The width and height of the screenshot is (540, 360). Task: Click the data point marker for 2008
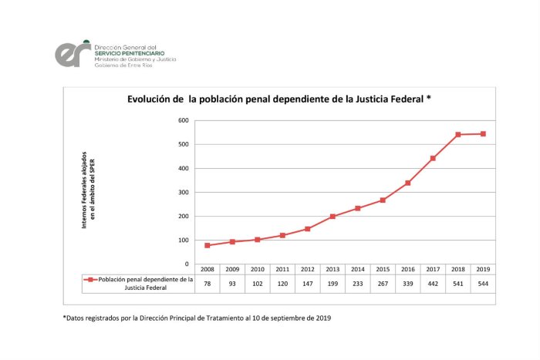208,245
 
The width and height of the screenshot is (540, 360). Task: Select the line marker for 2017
433,158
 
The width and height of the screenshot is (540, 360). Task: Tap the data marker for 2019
483,134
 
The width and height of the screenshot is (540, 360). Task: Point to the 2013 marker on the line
332,217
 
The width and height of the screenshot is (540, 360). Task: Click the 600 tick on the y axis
184,120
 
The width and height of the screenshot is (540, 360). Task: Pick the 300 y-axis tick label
184,193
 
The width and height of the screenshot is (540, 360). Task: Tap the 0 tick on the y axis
187,264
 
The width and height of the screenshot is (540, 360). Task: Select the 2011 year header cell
282,269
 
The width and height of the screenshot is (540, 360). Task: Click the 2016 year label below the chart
408,269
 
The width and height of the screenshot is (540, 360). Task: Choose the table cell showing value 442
433,284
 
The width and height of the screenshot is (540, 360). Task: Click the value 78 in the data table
208,284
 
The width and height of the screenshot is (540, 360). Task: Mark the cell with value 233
358,284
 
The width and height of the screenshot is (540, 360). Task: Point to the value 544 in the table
483,284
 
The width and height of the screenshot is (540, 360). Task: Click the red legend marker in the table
90,280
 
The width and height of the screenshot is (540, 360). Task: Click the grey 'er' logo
73,54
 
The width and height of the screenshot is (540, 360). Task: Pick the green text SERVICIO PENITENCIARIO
130,53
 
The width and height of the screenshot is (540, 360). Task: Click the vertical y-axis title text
88,190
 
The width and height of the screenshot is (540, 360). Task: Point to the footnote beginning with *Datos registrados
197,318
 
